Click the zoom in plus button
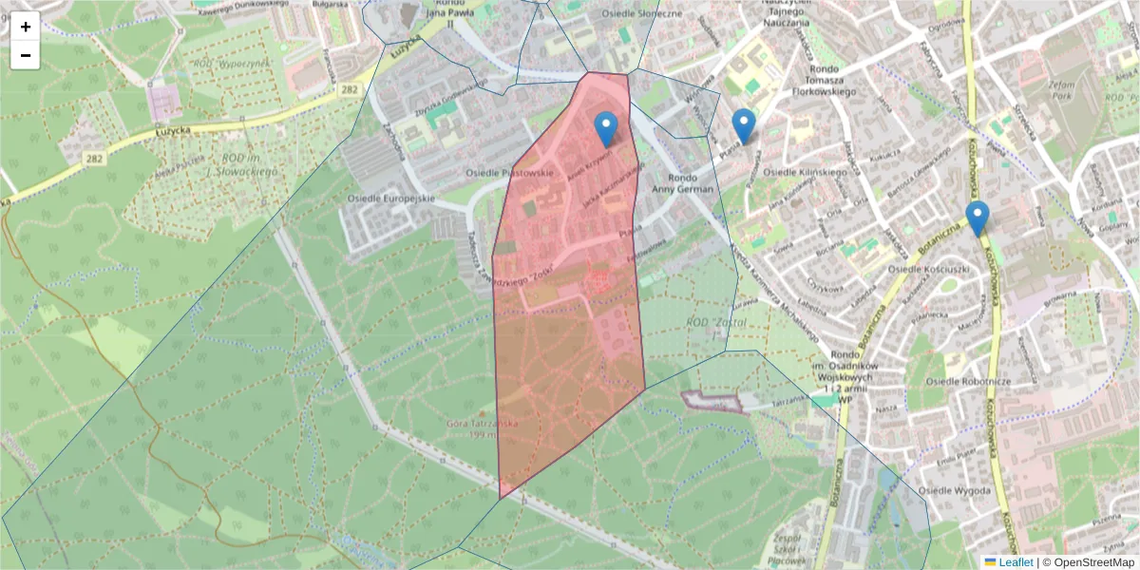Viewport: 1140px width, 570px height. click(26, 27)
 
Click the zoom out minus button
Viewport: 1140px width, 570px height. click(26, 55)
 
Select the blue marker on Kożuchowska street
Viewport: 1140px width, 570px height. click(977, 218)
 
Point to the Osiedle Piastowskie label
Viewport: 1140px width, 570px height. click(508, 173)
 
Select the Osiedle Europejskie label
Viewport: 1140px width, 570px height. click(391, 198)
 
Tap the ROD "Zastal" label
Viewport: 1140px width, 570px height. click(716, 323)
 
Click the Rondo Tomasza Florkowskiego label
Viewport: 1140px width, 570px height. click(818, 80)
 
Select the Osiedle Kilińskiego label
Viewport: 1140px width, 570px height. click(805, 172)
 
